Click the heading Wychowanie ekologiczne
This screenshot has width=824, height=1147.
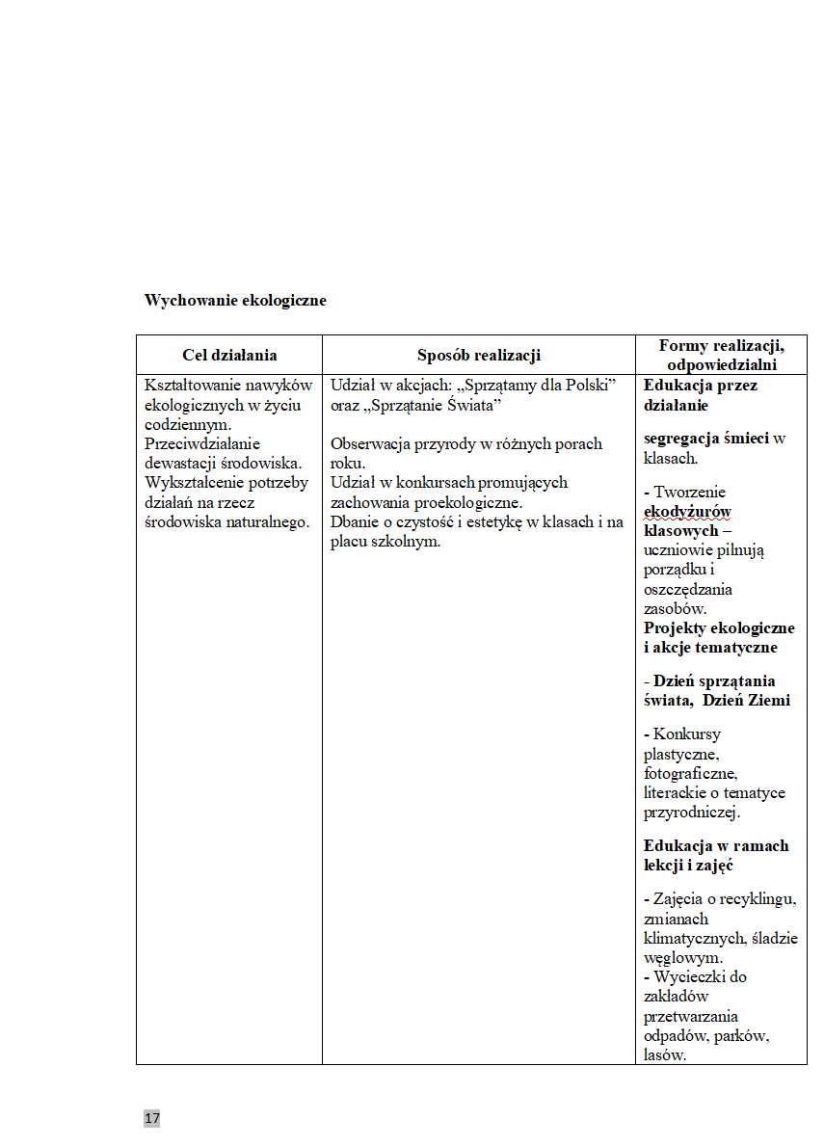235,301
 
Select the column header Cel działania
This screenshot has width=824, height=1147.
229,356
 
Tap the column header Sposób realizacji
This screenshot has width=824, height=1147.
479,356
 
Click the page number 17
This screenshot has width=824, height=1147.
152,1118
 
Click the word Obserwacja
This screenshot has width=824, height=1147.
369,444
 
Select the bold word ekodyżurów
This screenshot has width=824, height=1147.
687,512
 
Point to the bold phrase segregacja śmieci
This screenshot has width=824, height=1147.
706,439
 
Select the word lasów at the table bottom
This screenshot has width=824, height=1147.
664,1055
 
